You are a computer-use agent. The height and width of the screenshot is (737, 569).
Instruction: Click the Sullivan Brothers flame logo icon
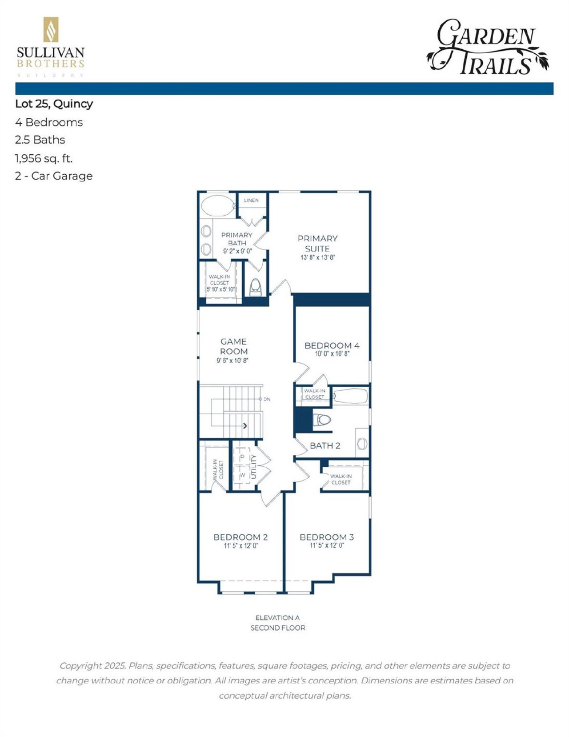(51, 30)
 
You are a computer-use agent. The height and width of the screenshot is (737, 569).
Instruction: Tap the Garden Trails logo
(488, 47)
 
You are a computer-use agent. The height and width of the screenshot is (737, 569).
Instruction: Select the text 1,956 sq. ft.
(44, 158)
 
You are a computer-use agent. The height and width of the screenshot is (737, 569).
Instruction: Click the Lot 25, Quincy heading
(54, 104)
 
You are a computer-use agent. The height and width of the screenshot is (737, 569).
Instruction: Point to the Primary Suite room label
(317, 244)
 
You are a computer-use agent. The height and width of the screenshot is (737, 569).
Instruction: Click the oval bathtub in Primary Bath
(218, 206)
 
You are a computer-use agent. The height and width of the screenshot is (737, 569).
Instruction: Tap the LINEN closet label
(251, 200)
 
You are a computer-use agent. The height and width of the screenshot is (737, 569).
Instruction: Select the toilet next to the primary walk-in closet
(256, 287)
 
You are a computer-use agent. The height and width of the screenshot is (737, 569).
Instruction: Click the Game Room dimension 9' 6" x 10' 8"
(232, 360)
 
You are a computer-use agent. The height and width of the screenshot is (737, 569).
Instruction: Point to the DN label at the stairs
(266, 399)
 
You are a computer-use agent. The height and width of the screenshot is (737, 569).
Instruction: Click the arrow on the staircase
(244, 426)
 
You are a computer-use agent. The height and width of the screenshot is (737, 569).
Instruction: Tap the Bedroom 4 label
(332, 345)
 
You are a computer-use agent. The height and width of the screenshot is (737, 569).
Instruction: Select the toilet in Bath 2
(323, 419)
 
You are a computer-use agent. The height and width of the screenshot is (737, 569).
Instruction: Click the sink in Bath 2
(362, 443)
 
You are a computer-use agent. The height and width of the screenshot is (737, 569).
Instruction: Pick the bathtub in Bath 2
(350, 396)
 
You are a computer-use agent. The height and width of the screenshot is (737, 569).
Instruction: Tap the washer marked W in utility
(243, 475)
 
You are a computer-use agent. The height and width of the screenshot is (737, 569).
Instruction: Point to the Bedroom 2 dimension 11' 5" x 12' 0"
(240, 546)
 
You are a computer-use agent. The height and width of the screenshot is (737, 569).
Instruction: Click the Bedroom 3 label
(326, 537)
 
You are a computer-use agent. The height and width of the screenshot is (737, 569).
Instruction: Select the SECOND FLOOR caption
(278, 628)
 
